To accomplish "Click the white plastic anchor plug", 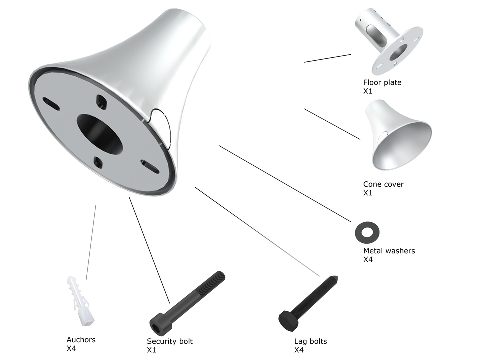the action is tap(80, 301).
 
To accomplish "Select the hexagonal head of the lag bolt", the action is tap(288, 321).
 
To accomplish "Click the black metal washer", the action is tap(367, 232).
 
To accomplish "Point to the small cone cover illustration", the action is tap(398, 134).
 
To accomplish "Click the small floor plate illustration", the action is tap(389, 41).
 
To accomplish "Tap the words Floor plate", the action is tap(382, 82).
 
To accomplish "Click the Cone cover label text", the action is tap(383, 184).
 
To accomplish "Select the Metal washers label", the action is tap(389, 251).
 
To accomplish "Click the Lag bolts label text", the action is tap(310, 341).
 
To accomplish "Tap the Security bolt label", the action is tap(170, 341).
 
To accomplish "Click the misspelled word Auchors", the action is tap(81, 340).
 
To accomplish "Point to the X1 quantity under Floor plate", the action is tap(368, 91).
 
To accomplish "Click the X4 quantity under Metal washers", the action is tap(368, 259).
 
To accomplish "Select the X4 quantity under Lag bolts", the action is tap(299, 350).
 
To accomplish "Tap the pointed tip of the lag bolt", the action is tap(336, 277).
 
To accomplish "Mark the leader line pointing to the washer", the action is tap(285, 183).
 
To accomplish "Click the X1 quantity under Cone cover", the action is tap(368, 193).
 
